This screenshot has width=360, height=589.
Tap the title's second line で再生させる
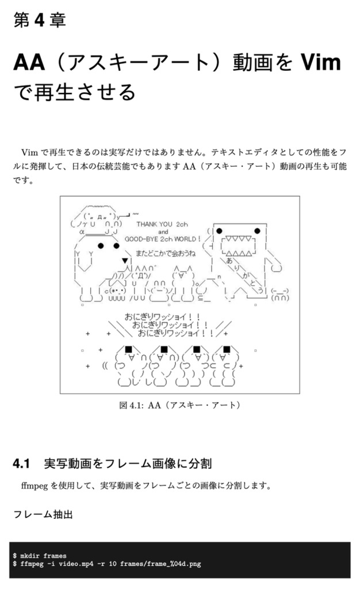tap(75, 91)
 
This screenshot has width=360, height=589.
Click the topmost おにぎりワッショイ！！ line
tap(163, 316)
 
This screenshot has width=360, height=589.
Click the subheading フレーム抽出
tap(43, 514)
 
